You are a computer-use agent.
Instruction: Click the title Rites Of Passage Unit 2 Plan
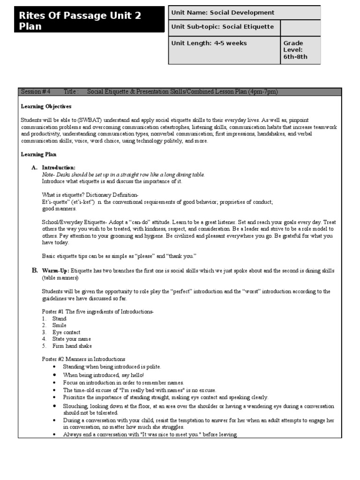click(80, 21)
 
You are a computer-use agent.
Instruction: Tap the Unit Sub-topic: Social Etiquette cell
click(223, 27)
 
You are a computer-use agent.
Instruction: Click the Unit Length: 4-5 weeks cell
click(209, 44)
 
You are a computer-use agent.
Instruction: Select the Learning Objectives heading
click(46, 106)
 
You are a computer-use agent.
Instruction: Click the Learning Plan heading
click(39, 154)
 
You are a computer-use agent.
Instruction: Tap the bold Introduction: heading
click(59, 167)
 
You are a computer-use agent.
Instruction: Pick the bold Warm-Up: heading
click(55, 271)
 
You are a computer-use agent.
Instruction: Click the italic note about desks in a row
click(123, 174)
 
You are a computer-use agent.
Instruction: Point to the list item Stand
click(60, 319)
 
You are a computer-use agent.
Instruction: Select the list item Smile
click(60, 325)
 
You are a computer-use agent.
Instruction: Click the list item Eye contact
click(66, 332)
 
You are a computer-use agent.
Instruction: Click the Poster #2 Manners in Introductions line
click(83, 359)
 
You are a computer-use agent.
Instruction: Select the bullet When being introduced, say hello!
click(104, 375)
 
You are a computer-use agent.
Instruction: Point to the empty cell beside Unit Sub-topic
click(300, 27)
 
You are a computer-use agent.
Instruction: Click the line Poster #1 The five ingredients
click(97, 312)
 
